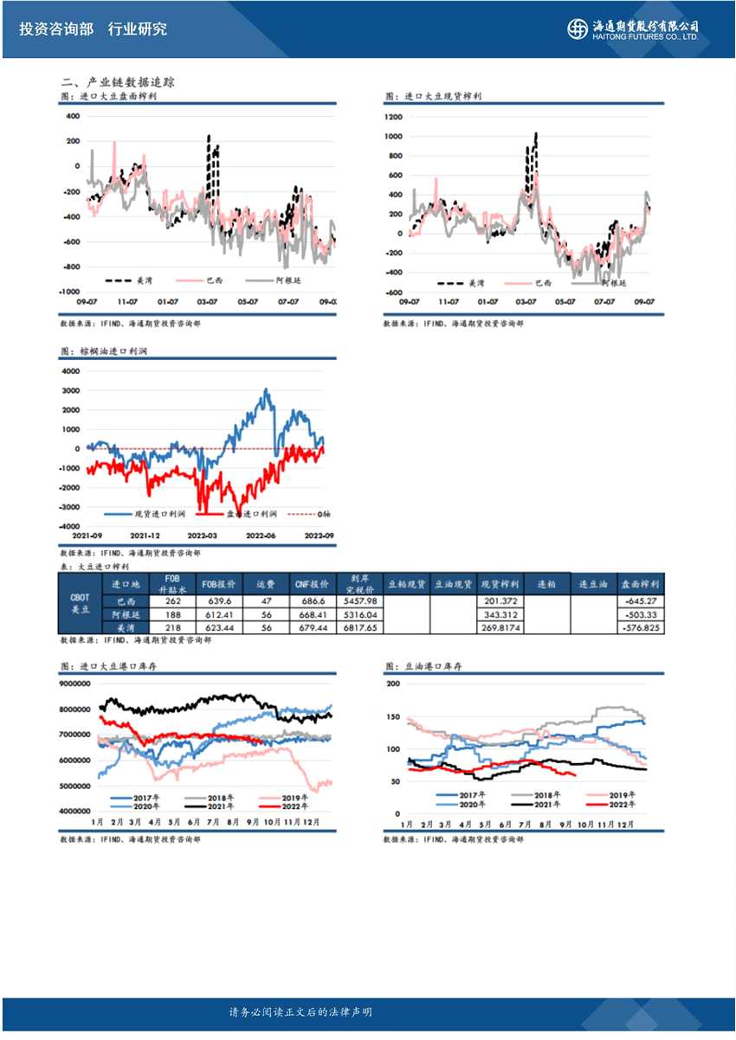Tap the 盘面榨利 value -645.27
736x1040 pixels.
tap(641, 601)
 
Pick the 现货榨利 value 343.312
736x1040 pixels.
tap(500, 614)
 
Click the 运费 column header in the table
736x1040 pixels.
tap(266, 584)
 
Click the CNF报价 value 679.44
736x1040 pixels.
tap(310, 627)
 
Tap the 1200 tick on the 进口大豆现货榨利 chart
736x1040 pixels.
tap(394, 117)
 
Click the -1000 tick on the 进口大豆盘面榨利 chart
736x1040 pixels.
tap(70, 292)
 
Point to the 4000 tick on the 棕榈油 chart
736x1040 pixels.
tap(69, 370)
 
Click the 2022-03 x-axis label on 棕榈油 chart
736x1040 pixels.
tap(201, 536)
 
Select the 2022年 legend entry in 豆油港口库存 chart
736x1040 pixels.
tap(617, 804)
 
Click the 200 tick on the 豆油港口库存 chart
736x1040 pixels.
tap(393, 684)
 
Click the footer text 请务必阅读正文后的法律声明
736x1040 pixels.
tap(300, 1012)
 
